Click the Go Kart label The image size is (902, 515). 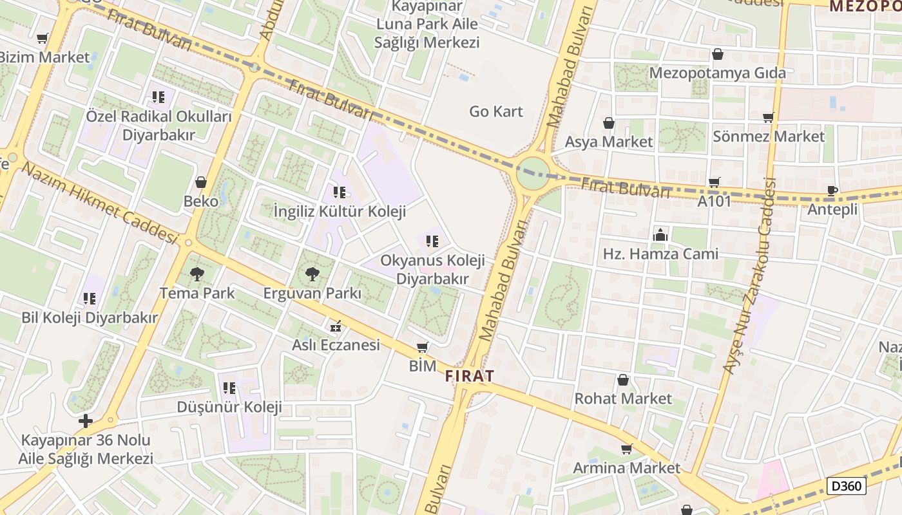[x=495, y=111]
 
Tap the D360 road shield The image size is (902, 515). [x=847, y=486]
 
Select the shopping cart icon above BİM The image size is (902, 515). [x=422, y=348]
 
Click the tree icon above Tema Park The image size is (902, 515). [x=197, y=275]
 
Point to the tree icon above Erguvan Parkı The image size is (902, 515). [x=312, y=275]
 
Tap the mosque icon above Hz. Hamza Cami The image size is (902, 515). [x=660, y=236]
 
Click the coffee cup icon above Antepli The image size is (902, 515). [x=832, y=191]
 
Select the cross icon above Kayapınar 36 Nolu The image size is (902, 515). [x=86, y=422]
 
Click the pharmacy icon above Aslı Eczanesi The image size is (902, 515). [x=335, y=326]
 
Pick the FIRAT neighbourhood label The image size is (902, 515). [x=470, y=377]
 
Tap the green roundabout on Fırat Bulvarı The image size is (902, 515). [x=533, y=173]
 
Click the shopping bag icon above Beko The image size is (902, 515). [x=201, y=183]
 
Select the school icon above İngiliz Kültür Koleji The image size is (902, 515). [x=340, y=192]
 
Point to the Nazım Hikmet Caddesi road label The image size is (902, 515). [x=100, y=203]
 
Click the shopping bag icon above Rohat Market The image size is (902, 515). [x=623, y=380]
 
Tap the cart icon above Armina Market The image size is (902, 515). [x=626, y=449]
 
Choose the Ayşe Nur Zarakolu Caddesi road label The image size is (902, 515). [x=749, y=276]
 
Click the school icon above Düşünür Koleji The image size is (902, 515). [x=229, y=388]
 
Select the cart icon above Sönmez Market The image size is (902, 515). [x=768, y=118]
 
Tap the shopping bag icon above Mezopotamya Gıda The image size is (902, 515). [x=717, y=55]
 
